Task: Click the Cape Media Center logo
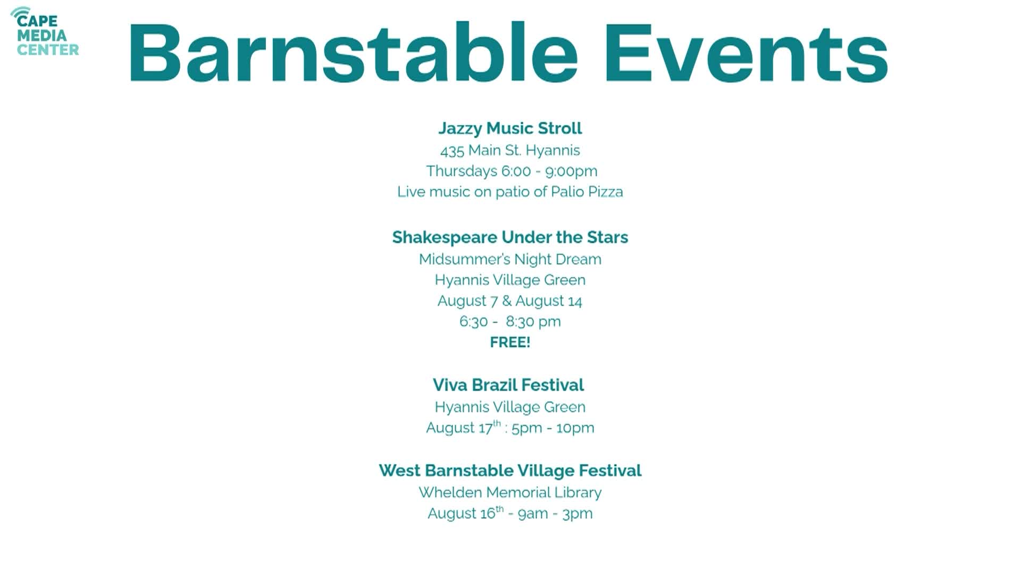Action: (x=45, y=32)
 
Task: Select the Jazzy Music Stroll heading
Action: (x=510, y=129)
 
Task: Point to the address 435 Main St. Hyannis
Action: (x=510, y=150)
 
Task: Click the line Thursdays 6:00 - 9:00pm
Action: (x=512, y=171)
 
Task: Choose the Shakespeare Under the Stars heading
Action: (x=510, y=237)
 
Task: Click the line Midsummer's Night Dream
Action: (x=510, y=259)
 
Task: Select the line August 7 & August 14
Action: (x=510, y=301)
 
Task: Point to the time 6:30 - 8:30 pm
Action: (x=510, y=322)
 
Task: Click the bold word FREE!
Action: (x=510, y=342)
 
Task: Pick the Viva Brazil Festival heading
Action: (x=508, y=385)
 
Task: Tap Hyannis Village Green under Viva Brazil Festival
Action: (x=510, y=407)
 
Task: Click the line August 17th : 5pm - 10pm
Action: (x=510, y=427)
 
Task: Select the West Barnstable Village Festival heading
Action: (x=510, y=470)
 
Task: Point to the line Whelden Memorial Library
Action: (x=510, y=493)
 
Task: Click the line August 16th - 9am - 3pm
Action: (x=510, y=513)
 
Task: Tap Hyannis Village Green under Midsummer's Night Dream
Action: (x=510, y=280)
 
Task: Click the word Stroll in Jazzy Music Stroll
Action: (x=560, y=129)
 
